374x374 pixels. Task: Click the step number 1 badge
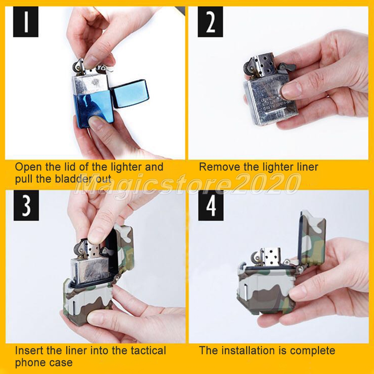click(x=25, y=22)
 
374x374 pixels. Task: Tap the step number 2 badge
click(x=210, y=22)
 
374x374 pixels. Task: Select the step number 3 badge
click(x=26, y=205)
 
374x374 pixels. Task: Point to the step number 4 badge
click(x=211, y=205)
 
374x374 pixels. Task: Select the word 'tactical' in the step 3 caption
click(x=148, y=351)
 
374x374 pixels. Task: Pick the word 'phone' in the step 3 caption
click(x=28, y=363)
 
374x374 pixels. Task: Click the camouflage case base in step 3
click(x=88, y=303)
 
